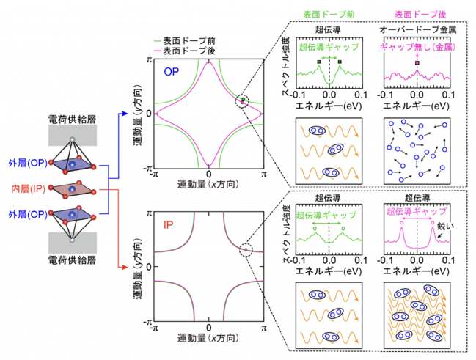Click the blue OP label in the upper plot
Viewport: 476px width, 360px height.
coord(172,72)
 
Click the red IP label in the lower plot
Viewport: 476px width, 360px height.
coord(168,225)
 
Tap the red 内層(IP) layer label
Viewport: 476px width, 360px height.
coord(28,189)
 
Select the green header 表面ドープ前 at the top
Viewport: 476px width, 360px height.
coord(329,14)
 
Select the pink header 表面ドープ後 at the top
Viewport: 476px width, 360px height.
coord(420,14)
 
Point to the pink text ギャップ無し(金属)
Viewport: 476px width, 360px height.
coord(418,47)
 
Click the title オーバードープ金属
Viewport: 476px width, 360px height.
coord(418,29)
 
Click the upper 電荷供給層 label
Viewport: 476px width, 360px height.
coord(73,120)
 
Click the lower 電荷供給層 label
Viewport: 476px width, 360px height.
coord(73,260)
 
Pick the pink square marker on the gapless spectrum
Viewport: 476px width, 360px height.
coord(417,63)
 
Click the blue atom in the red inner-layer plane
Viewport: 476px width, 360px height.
coord(72,189)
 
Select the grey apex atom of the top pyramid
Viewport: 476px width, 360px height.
coord(72,139)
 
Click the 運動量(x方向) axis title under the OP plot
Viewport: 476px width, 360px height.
coord(208,184)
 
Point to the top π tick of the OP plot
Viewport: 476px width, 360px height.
coord(149,60)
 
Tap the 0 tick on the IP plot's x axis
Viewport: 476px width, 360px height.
coord(208,328)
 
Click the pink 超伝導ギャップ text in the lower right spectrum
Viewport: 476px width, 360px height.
coord(417,211)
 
